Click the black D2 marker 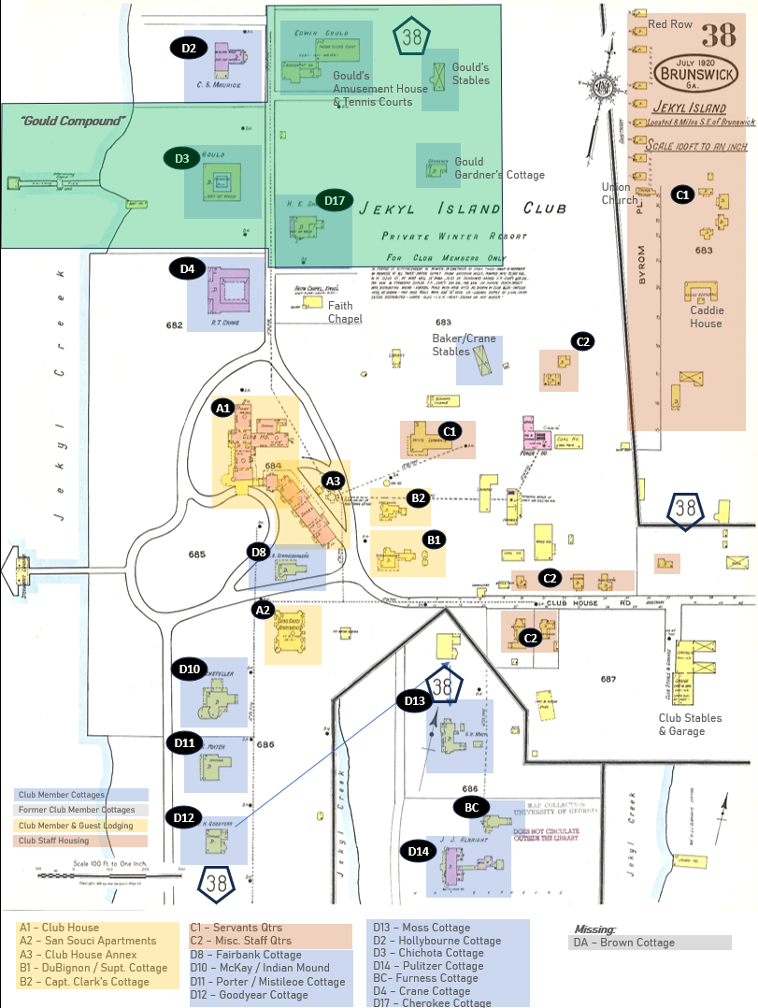point(189,48)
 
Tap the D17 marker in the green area point(334,200)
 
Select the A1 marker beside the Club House point(222,409)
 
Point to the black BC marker point(472,806)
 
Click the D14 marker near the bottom point(419,851)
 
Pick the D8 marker point(260,552)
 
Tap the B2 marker point(419,497)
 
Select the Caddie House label point(706,317)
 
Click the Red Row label point(670,24)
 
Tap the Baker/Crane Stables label point(456,345)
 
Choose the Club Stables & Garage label point(691,725)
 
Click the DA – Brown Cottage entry point(624,943)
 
